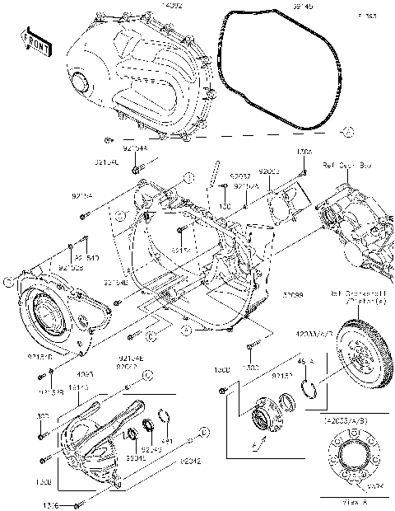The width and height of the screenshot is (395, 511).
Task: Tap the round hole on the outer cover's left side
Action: pyautogui.click(x=81, y=82)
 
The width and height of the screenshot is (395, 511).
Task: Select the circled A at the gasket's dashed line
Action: pyautogui.click(x=348, y=132)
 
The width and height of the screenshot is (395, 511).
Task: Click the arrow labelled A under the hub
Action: pyautogui.click(x=263, y=444)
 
